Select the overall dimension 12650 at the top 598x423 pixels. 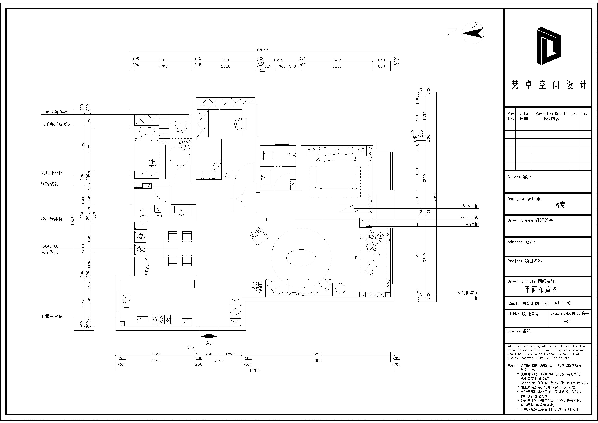pyautogui.click(x=262, y=50)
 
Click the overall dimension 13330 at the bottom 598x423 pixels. pyautogui.click(x=255, y=370)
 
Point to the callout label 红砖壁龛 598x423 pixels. pyautogui.click(x=50, y=184)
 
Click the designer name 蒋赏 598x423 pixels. pyautogui.click(x=559, y=205)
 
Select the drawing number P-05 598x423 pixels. pyautogui.click(x=567, y=321)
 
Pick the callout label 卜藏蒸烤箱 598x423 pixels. pyautogui.click(x=52, y=316)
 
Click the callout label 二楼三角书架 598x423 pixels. pyautogui.click(x=54, y=113)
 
